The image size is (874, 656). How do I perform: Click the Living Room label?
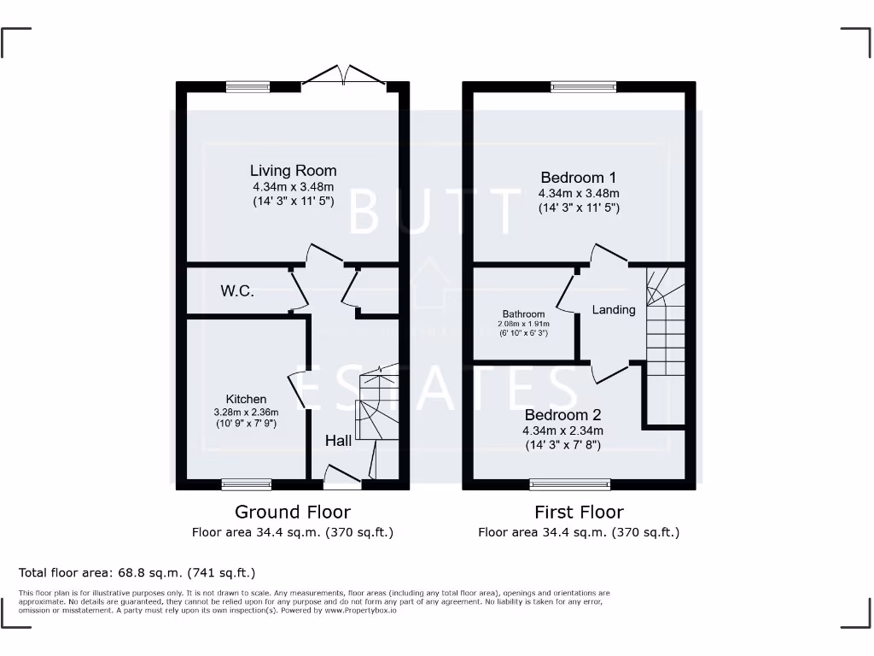click(293, 171)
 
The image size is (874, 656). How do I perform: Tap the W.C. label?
click(237, 291)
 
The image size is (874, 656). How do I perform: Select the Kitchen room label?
click(246, 399)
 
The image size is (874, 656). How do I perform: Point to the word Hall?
click(338, 441)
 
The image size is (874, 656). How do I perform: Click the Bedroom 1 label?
click(578, 178)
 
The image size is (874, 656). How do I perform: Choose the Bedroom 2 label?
click(562, 415)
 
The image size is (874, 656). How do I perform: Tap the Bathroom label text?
click(523, 314)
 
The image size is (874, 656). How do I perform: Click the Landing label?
click(614, 309)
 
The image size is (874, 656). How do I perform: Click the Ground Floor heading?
click(293, 512)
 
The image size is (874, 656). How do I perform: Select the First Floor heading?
click(579, 512)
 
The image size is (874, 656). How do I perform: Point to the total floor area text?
click(137, 572)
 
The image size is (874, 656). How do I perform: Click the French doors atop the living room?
click(344, 78)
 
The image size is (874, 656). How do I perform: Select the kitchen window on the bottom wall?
click(247, 484)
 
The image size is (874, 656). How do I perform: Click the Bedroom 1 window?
click(583, 86)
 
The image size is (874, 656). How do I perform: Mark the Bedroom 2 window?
click(570, 484)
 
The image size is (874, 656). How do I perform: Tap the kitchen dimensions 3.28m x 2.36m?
click(246, 412)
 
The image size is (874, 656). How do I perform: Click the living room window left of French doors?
click(248, 86)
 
